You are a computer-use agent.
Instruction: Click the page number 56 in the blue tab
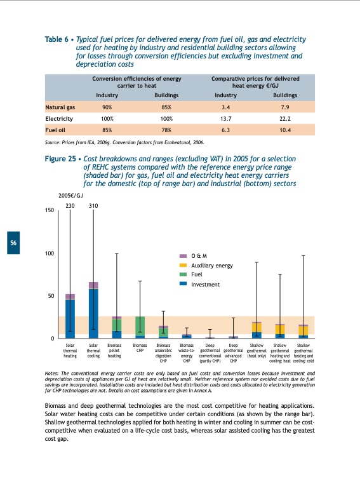(13, 244)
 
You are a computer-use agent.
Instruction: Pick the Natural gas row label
(61, 107)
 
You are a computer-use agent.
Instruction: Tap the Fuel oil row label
(57, 130)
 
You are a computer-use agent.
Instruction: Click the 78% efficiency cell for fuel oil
(167, 130)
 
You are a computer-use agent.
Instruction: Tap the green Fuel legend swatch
(183, 274)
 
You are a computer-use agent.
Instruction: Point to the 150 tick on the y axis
(49, 211)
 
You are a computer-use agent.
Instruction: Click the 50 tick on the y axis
(51, 296)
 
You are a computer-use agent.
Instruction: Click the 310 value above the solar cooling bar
(93, 206)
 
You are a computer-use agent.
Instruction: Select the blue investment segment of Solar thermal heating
(70, 318)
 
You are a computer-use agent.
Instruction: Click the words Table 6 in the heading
(57, 39)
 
